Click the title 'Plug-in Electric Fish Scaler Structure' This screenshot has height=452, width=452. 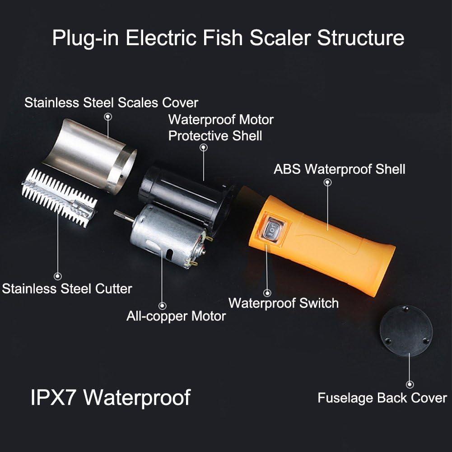pos(228,37)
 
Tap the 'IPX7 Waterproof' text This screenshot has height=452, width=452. pos(111,397)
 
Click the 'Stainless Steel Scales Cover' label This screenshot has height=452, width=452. pos(111,103)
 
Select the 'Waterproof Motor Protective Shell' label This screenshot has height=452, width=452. pos(221,127)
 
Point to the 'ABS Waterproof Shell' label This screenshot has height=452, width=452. pos(339,169)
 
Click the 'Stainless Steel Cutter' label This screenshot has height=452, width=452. pos(67,289)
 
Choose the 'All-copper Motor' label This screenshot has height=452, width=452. pos(176,316)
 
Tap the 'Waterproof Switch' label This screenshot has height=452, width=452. pos(283,303)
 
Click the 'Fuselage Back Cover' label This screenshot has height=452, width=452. pos(382,398)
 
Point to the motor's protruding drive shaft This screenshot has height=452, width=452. pos(123,215)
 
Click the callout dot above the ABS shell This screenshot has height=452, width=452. pos(328,182)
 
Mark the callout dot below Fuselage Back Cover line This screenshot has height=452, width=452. pos(410,385)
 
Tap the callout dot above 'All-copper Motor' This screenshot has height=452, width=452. pos(163,306)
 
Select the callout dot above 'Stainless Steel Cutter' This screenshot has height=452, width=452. pos(57,276)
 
